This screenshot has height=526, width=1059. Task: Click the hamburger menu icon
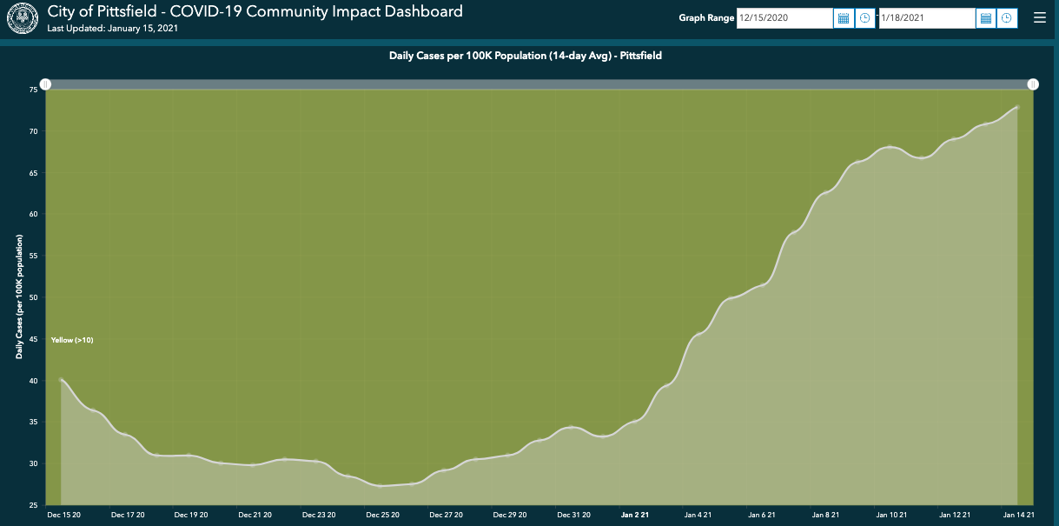(1040, 17)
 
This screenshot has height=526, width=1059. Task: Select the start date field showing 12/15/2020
(784, 18)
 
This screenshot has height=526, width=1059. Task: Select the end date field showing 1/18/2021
(926, 18)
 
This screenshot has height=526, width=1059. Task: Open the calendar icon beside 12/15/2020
(843, 18)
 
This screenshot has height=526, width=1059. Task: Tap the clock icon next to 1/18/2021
(1007, 18)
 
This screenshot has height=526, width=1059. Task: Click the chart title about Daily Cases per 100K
(526, 56)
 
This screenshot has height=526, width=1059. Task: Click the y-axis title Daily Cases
(19, 296)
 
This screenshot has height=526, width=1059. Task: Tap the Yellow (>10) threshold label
(72, 340)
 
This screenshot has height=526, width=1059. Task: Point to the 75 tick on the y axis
(33, 90)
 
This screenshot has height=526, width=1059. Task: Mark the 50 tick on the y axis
(33, 297)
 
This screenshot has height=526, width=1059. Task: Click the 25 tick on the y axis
(33, 505)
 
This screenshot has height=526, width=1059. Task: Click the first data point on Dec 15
(61, 380)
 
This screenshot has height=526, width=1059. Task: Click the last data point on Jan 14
(1016, 108)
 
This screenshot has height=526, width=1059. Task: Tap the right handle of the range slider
(1033, 84)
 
